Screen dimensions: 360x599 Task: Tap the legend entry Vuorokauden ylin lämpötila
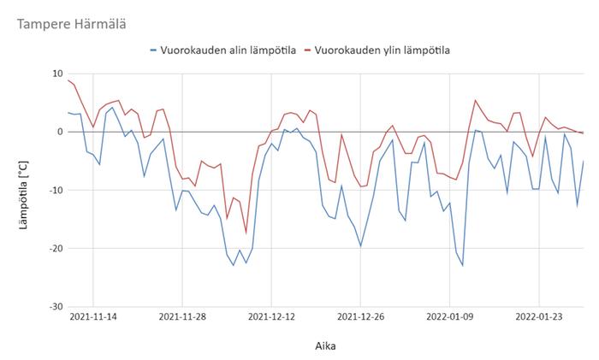(383, 50)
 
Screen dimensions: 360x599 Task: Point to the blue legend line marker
(153, 50)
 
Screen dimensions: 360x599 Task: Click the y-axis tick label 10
(57, 74)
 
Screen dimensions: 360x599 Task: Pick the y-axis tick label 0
(60, 132)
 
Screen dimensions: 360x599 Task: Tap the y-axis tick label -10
(56, 190)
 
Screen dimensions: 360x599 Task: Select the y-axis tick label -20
(56, 248)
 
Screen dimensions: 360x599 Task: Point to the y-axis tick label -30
(56, 306)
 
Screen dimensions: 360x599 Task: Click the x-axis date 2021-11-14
(93, 317)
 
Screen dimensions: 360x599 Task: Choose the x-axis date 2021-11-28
(182, 317)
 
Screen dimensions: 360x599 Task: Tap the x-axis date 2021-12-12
(271, 317)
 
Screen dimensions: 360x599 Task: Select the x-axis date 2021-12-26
(360, 317)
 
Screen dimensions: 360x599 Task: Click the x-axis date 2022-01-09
(450, 317)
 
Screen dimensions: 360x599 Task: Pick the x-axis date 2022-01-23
(539, 317)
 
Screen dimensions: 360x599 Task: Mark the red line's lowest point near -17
(246, 233)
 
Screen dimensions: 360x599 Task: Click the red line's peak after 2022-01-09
(476, 100)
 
